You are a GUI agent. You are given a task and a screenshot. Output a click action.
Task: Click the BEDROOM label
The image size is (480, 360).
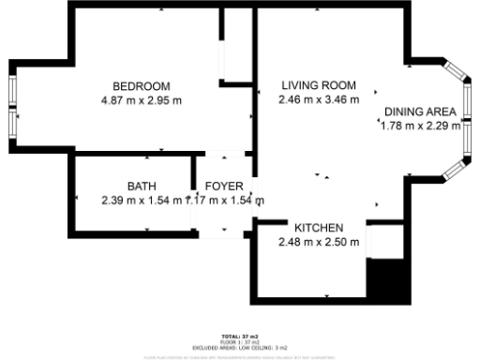coord(141,86)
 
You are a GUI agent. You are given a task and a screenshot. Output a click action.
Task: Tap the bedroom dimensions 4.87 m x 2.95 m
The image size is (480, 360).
coord(141,99)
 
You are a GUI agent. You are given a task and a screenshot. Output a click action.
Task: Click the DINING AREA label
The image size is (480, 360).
coord(420,112)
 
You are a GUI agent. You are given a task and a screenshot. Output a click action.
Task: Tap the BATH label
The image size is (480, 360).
coord(142,186)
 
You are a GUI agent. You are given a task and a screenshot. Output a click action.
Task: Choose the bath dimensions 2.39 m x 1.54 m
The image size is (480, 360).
coord(141,200)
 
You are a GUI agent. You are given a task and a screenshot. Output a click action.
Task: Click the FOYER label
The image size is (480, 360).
coord(225,186)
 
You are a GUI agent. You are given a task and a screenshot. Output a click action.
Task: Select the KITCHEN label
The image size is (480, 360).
coord(319,228)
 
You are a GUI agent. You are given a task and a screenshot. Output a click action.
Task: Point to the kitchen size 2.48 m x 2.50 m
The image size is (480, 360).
coord(319,242)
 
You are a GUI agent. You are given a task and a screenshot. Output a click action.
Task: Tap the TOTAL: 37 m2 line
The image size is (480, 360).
coord(240,335)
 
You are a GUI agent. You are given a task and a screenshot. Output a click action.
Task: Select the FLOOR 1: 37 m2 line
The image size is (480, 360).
coord(240,340)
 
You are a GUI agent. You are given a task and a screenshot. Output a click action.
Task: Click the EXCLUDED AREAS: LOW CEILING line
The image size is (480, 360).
coord(240,346)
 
